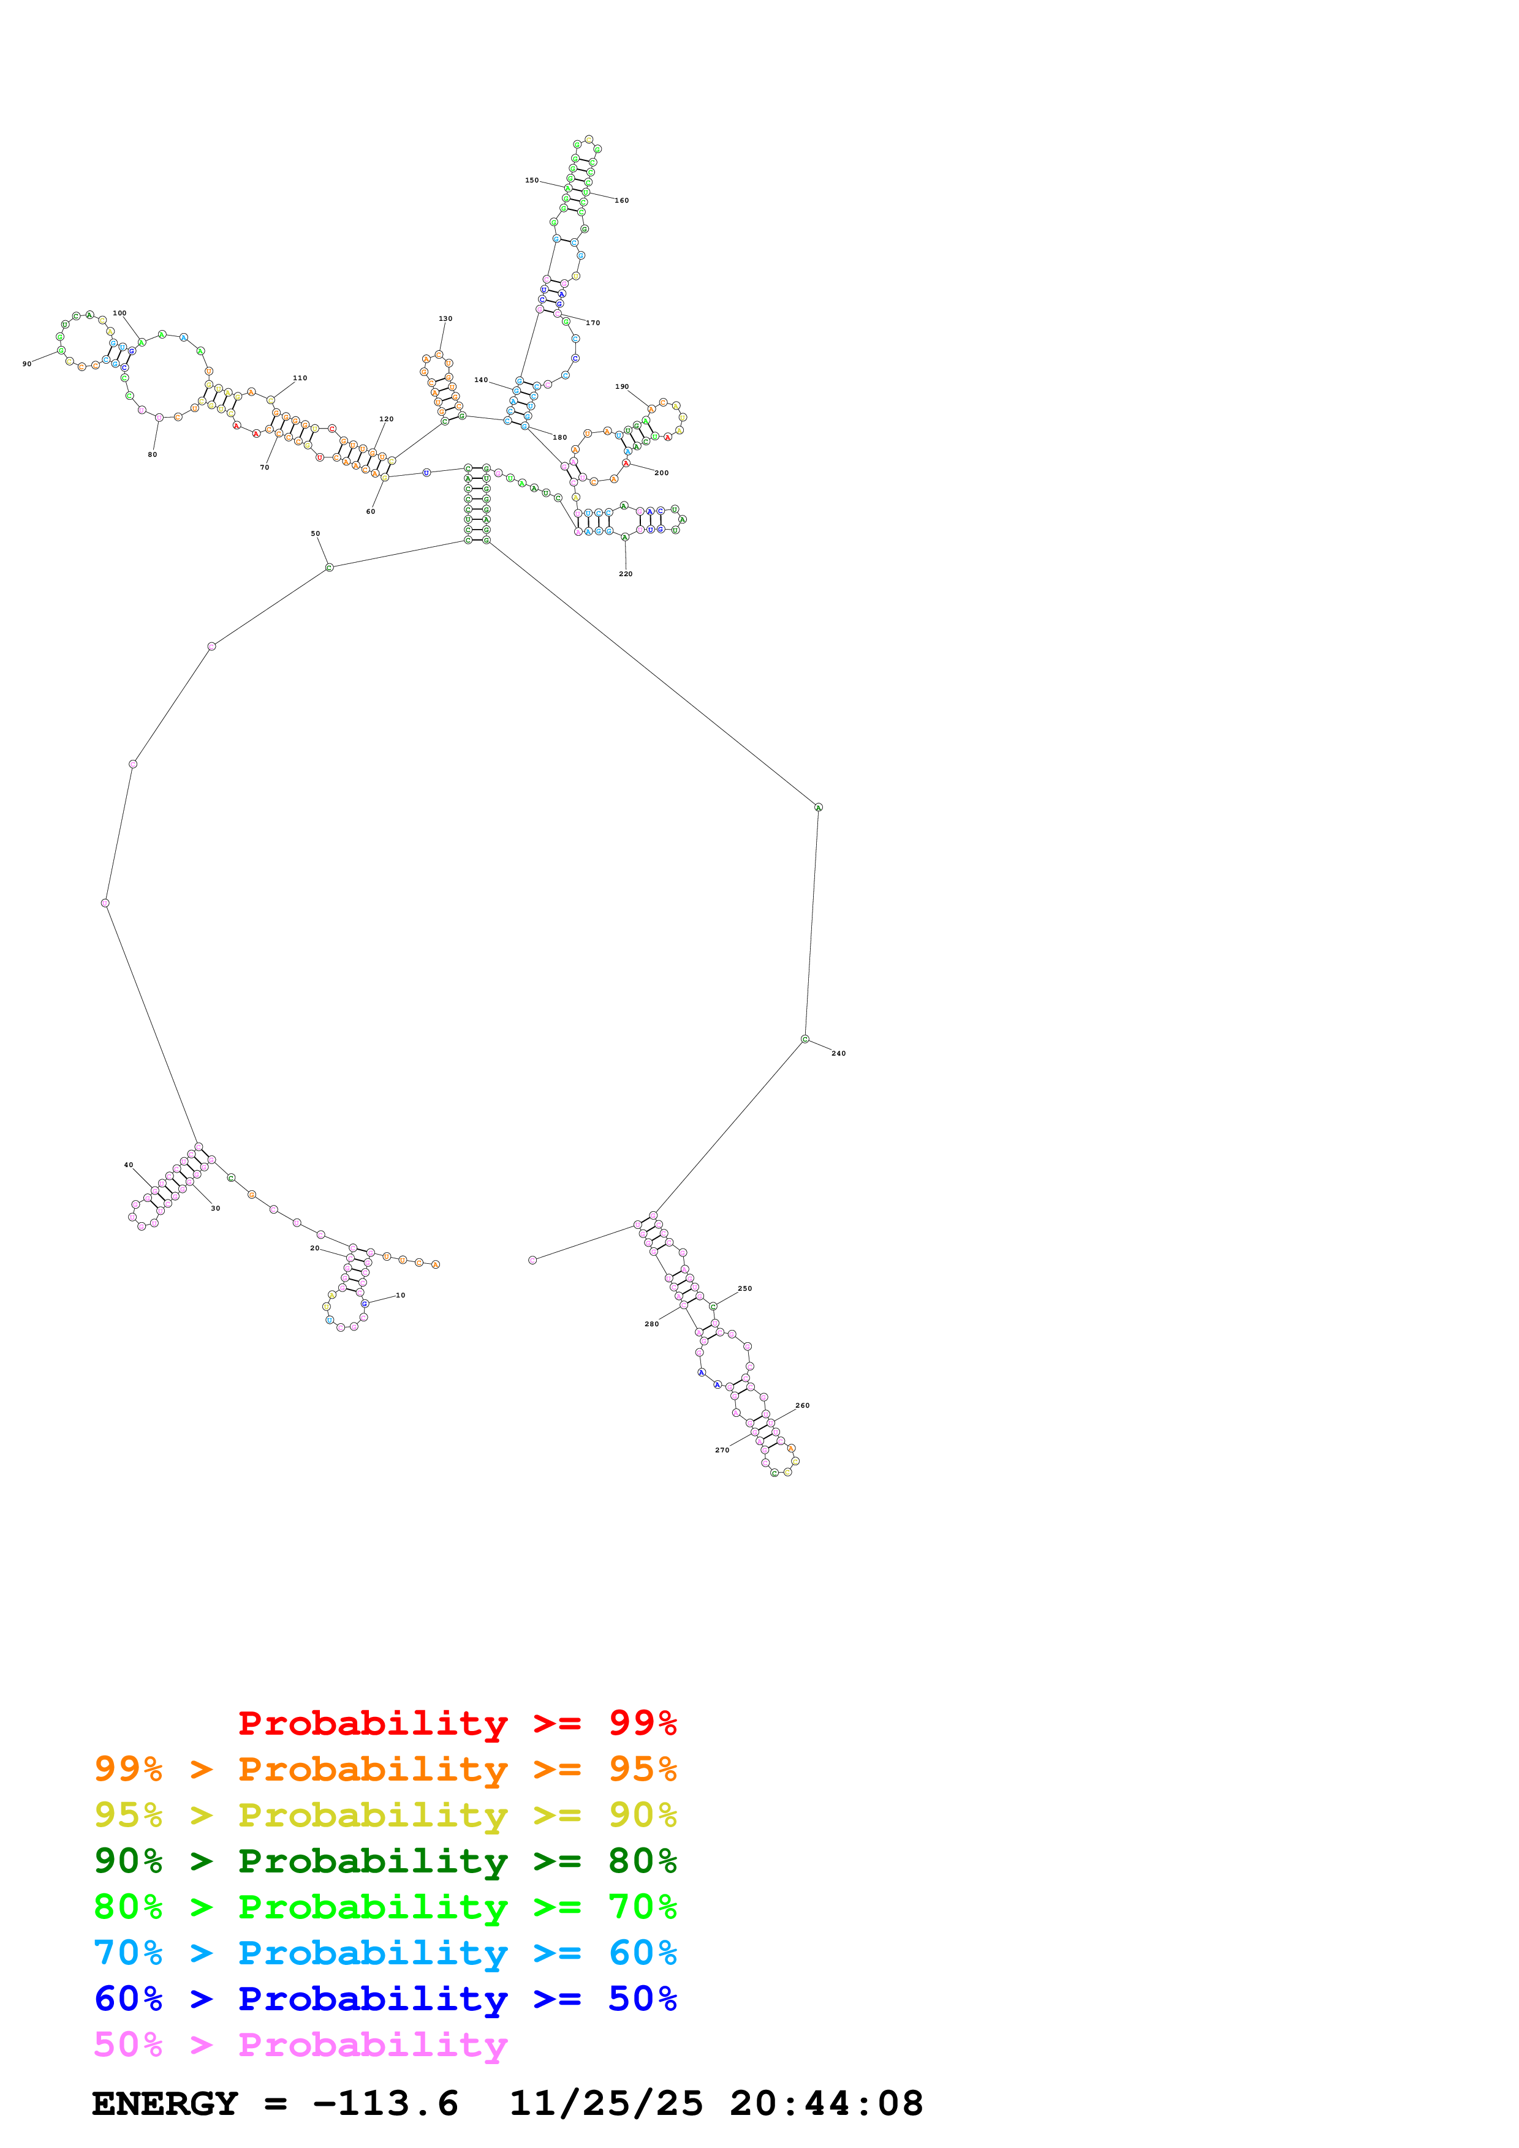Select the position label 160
pyautogui.click(x=621, y=201)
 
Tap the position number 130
pyautogui.click(x=445, y=319)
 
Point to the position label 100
pyautogui.click(x=119, y=314)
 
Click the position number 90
pyautogui.click(x=27, y=364)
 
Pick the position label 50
pyautogui.click(x=316, y=534)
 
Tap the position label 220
pyautogui.click(x=625, y=574)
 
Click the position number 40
pyautogui.click(x=128, y=1165)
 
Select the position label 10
pyautogui.click(x=401, y=1295)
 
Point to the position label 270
pyautogui.click(x=722, y=1450)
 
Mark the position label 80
pyautogui.click(x=153, y=455)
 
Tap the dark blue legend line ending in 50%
pyautogui.click(x=385, y=1999)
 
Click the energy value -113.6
pyautogui.click(x=385, y=2104)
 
